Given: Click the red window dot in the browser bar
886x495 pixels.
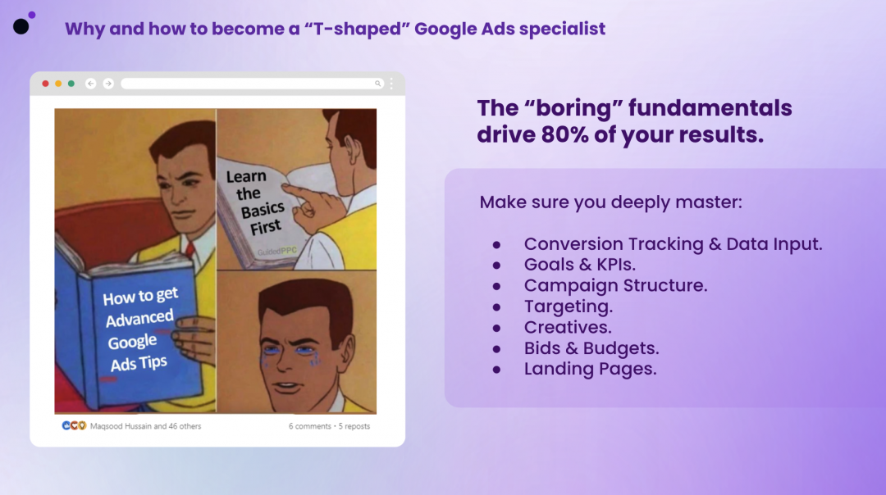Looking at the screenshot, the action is click(45, 84).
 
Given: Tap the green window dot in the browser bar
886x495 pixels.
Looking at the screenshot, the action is click(71, 84).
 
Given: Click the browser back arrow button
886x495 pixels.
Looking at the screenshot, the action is click(90, 84).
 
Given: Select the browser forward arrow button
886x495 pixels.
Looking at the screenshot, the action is click(108, 84).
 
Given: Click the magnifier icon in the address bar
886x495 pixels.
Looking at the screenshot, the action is click(377, 84).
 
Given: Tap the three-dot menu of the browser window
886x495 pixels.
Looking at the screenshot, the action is click(391, 84).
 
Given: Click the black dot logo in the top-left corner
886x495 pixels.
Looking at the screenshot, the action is click(21, 26).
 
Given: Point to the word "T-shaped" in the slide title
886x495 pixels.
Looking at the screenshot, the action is click(357, 29).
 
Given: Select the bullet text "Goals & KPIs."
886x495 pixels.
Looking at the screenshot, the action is click(580, 265).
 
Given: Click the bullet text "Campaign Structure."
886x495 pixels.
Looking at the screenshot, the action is click(615, 285).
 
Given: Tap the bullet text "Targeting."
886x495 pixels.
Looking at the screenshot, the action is click(569, 307).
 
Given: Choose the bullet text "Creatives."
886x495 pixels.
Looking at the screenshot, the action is click(568, 327).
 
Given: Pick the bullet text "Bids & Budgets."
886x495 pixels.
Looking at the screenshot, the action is click(591, 348).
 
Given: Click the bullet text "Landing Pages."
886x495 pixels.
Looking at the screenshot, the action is click(591, 369).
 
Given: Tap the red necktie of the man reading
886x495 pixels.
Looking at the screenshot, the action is click(190, 249).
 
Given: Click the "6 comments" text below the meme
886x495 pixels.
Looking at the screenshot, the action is click(309, 427).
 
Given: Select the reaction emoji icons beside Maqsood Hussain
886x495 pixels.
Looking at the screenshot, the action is click(74, 425).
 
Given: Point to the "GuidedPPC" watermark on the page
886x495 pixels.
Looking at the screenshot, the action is click(277, 251).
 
